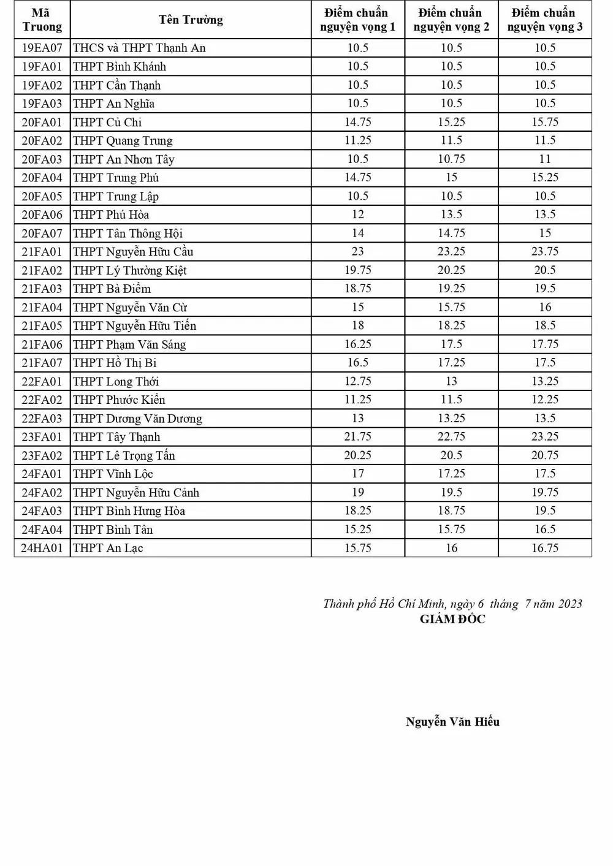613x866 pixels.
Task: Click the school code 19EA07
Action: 42,48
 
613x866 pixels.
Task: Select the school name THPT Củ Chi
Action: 107,122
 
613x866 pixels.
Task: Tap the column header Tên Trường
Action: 191,20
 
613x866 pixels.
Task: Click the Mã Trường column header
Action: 42,20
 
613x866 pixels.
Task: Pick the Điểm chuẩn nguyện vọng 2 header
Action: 451,20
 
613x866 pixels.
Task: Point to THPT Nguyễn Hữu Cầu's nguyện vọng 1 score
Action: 357,251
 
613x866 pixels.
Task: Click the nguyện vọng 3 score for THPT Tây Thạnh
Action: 545,436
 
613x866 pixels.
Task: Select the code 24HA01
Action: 42,548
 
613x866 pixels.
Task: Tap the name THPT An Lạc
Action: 108,548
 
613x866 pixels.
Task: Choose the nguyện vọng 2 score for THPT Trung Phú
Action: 451,177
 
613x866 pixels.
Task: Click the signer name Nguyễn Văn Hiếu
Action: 452,721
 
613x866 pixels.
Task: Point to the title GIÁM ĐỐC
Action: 452,619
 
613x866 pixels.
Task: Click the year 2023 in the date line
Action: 570,604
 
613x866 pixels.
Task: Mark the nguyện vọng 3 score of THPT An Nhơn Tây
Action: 545,159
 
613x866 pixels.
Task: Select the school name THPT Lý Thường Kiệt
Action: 129,270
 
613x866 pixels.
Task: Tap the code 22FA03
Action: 42,418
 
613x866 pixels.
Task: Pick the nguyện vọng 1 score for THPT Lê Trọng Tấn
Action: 357,455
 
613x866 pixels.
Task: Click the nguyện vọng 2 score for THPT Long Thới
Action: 451,381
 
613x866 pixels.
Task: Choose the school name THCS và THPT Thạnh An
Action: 139,48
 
